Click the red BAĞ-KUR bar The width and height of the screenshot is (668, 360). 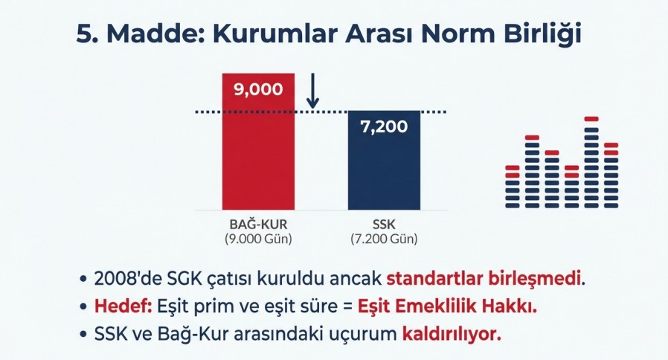[x=258, y=141]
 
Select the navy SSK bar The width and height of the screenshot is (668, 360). [x=384, y=160]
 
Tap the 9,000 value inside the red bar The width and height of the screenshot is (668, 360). [x=258, y=89]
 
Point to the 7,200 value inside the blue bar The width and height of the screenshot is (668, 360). [x=384, y=126]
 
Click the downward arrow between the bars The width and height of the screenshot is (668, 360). [x=312, y=91]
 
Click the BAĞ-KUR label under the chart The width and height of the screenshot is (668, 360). [x=258, y=224]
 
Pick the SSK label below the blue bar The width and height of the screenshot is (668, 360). [x=384, y=224]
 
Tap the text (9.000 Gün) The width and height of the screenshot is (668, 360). [x=258, y=239]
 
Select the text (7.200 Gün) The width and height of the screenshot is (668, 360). [x=384, y=239]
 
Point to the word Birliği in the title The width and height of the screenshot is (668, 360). [x=542, y=35]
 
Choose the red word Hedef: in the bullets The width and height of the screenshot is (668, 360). [x=123, y=306]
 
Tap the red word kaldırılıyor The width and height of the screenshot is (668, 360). [x=452, y=335]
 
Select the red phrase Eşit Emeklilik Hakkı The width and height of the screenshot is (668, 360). [x=447, y=306]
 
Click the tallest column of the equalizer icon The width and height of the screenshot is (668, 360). [x=591, y=162]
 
